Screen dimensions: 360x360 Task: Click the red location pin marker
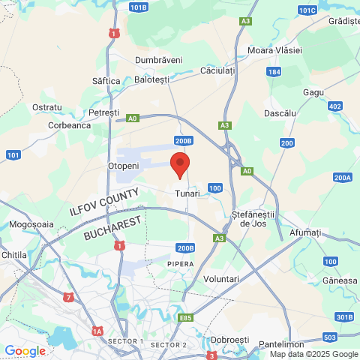[179, 163]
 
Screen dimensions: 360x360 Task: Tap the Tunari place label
[187, 193]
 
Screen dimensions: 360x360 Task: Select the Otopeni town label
[124, 165]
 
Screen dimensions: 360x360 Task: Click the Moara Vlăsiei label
[274, 49]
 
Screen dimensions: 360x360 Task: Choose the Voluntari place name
[221, 279]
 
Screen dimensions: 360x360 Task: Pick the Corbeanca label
[69, 126]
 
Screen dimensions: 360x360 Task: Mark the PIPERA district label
[181, 264]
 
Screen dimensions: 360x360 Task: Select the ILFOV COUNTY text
[104, 202]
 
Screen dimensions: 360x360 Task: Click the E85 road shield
[186, 318]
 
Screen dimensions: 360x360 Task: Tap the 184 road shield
[274, 72]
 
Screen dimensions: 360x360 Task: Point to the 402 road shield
[335, 106]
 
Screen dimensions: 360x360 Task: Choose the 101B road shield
[138, 7]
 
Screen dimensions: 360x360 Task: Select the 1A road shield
[97, 331]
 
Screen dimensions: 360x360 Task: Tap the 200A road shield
[343, 178]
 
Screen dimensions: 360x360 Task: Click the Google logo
[25, 351]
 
